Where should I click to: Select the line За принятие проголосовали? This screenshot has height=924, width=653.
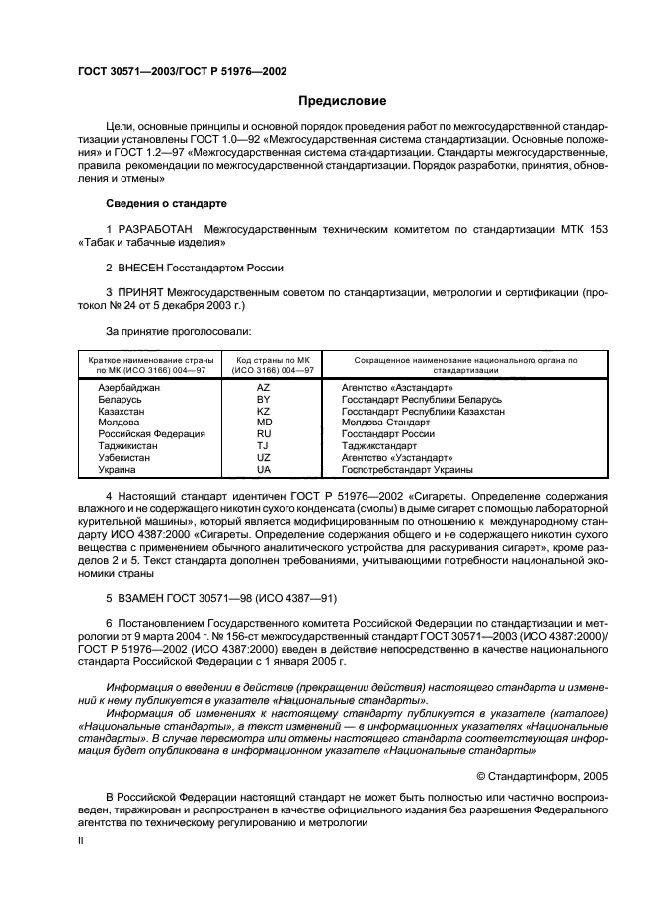(x=178, y=331)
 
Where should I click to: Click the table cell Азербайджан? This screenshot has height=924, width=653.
(x=128, y=388)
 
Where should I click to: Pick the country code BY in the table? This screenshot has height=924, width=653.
(x=263, y=400)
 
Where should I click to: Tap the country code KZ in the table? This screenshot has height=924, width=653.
(x=263, y=411)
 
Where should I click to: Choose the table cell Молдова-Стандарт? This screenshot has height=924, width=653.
(x=389, y=423)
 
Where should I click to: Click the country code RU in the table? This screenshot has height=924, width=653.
(x=263, y=434)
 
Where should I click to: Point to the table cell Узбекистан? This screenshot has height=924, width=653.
(x=124, y=458)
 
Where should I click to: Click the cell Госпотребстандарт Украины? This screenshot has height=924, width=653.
(x=407, y=470)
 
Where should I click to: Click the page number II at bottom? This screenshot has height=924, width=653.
(x=82, y=841)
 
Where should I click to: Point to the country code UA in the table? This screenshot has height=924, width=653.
(x=263, y=470)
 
